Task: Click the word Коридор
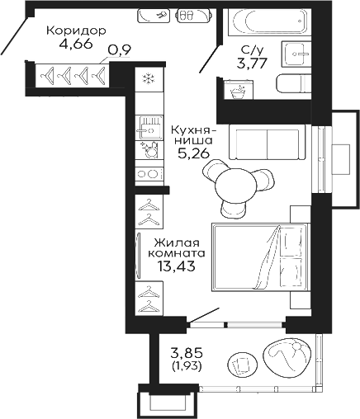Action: click(76, 31)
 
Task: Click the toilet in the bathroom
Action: click(294, 84)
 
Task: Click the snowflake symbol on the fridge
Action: click(149, 79)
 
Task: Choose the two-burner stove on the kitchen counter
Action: click(149, 173)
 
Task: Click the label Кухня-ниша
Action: click(194, 135)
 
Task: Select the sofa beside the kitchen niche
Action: click(268, 143)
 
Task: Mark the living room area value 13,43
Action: click(178, 266)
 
